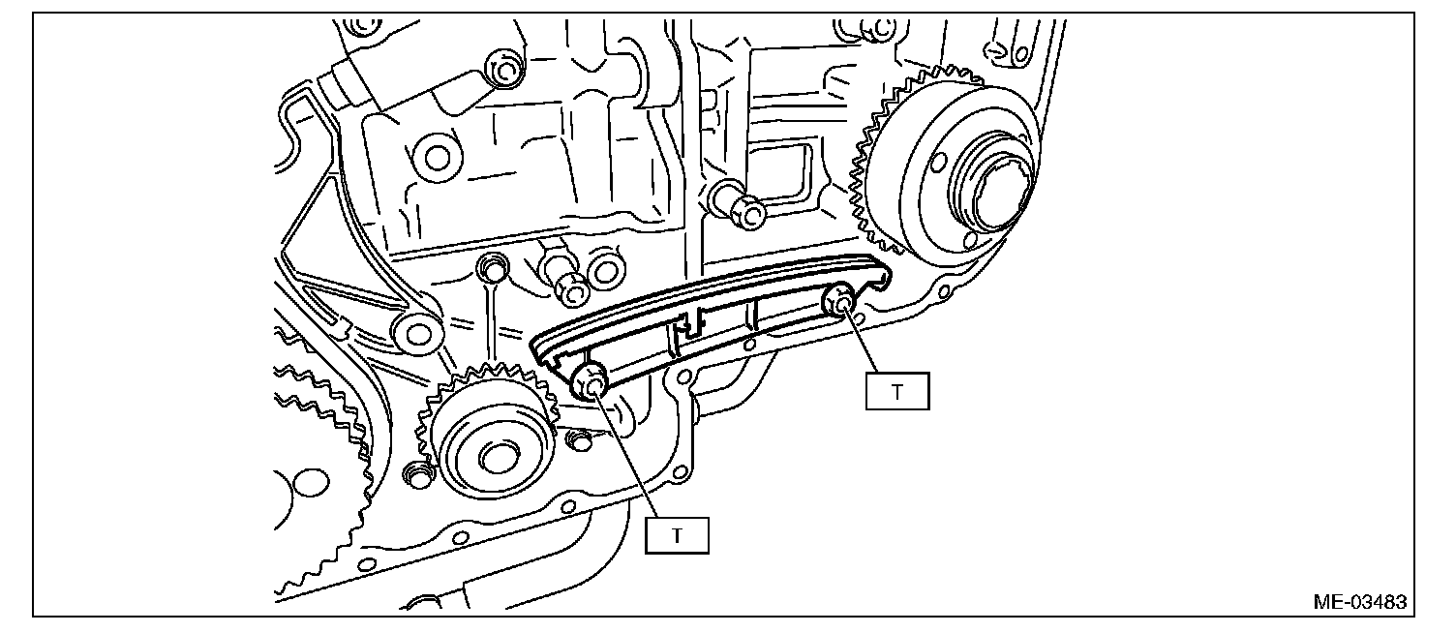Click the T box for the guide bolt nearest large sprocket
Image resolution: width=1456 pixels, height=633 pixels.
896,392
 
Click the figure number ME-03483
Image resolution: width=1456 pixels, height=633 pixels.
1359,602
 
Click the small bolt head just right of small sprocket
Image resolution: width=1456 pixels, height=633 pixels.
579,441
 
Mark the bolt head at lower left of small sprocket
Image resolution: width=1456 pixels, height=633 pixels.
418,475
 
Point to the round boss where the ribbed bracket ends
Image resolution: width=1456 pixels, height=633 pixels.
417,334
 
